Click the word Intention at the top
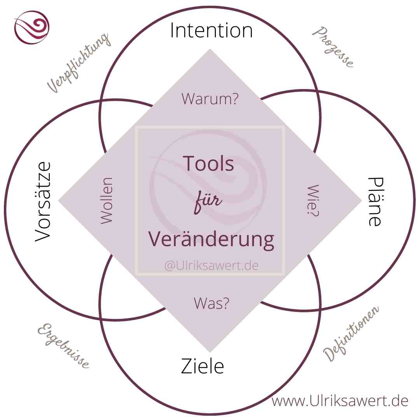click(x=211, y=31)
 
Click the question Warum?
click(x=210, y=99)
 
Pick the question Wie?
click(x=313, y=201)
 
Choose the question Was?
click(x=211, y=303)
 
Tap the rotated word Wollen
click(x=106, y=201)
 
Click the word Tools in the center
click(x=208, y=163)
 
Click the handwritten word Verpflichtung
click(x=78, y=62)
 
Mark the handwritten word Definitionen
click(x=351, y=333)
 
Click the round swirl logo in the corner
click(x=32, y=28)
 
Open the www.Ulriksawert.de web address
click(x=340, y=401)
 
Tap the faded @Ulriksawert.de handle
click(x=211, y=265)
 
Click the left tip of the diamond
click(x=59, y=201)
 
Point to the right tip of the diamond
click(x=360, y=201)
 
